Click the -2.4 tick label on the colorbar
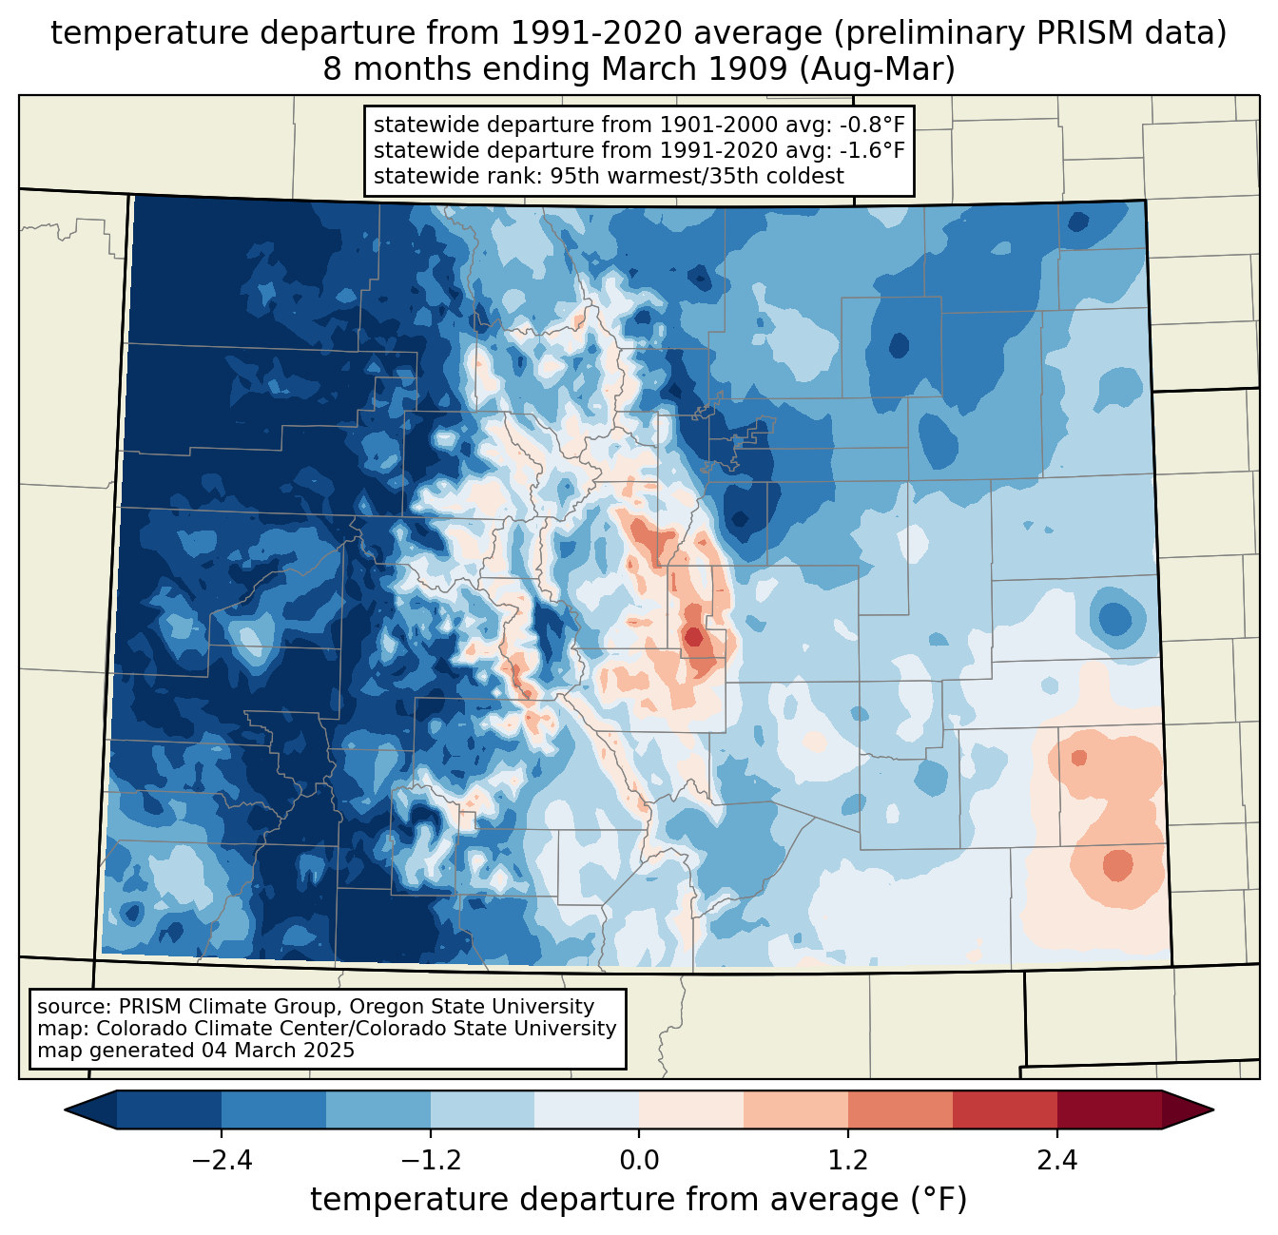point(222,1161)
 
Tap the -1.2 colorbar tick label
point(430,1161)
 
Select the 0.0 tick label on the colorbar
point(639,1161)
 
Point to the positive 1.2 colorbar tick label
point(848,1161)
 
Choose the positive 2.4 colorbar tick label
point(1056,1161)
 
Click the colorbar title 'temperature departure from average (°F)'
point(639,1200)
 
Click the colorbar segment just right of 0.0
point(691,1110)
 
